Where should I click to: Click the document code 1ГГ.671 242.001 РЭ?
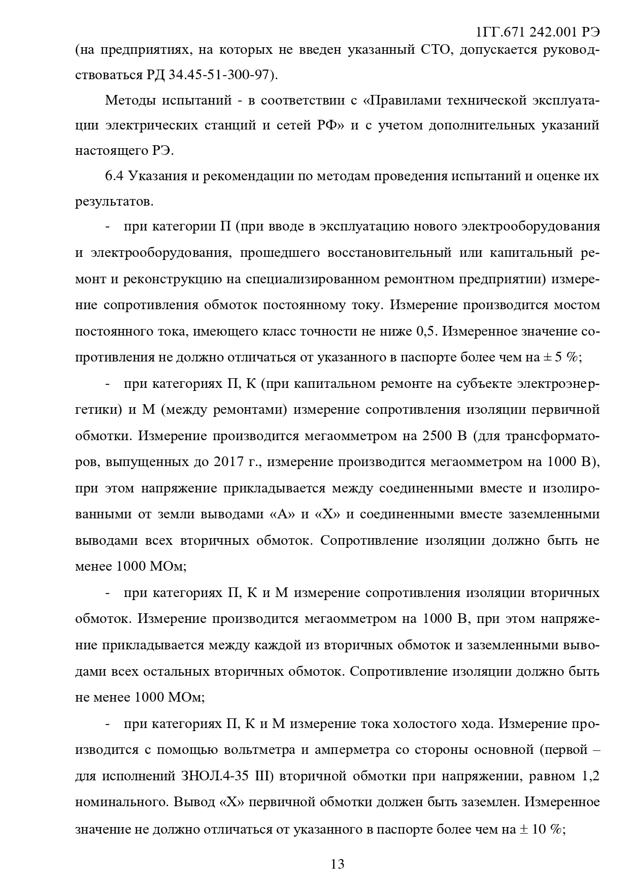pos(538,32)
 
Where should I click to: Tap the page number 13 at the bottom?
pos(337,864)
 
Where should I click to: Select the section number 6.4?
pos(114,176)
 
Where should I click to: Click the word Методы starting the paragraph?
pos(129,100)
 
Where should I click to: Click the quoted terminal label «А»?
pos(282,514)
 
